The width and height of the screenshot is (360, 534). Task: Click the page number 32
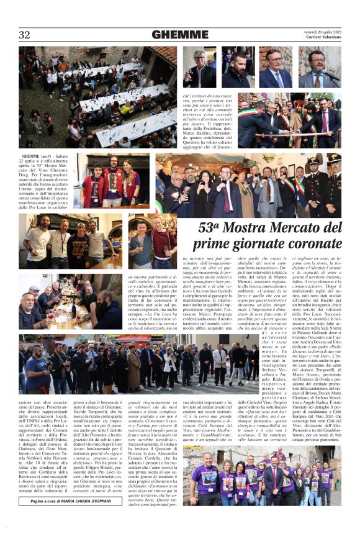pos(25,35)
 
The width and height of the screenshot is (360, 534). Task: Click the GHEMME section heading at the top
pos(180,35)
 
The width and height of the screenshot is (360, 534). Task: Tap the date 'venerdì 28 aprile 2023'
pos(323,31)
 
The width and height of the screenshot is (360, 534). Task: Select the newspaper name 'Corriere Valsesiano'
pos(323,37)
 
